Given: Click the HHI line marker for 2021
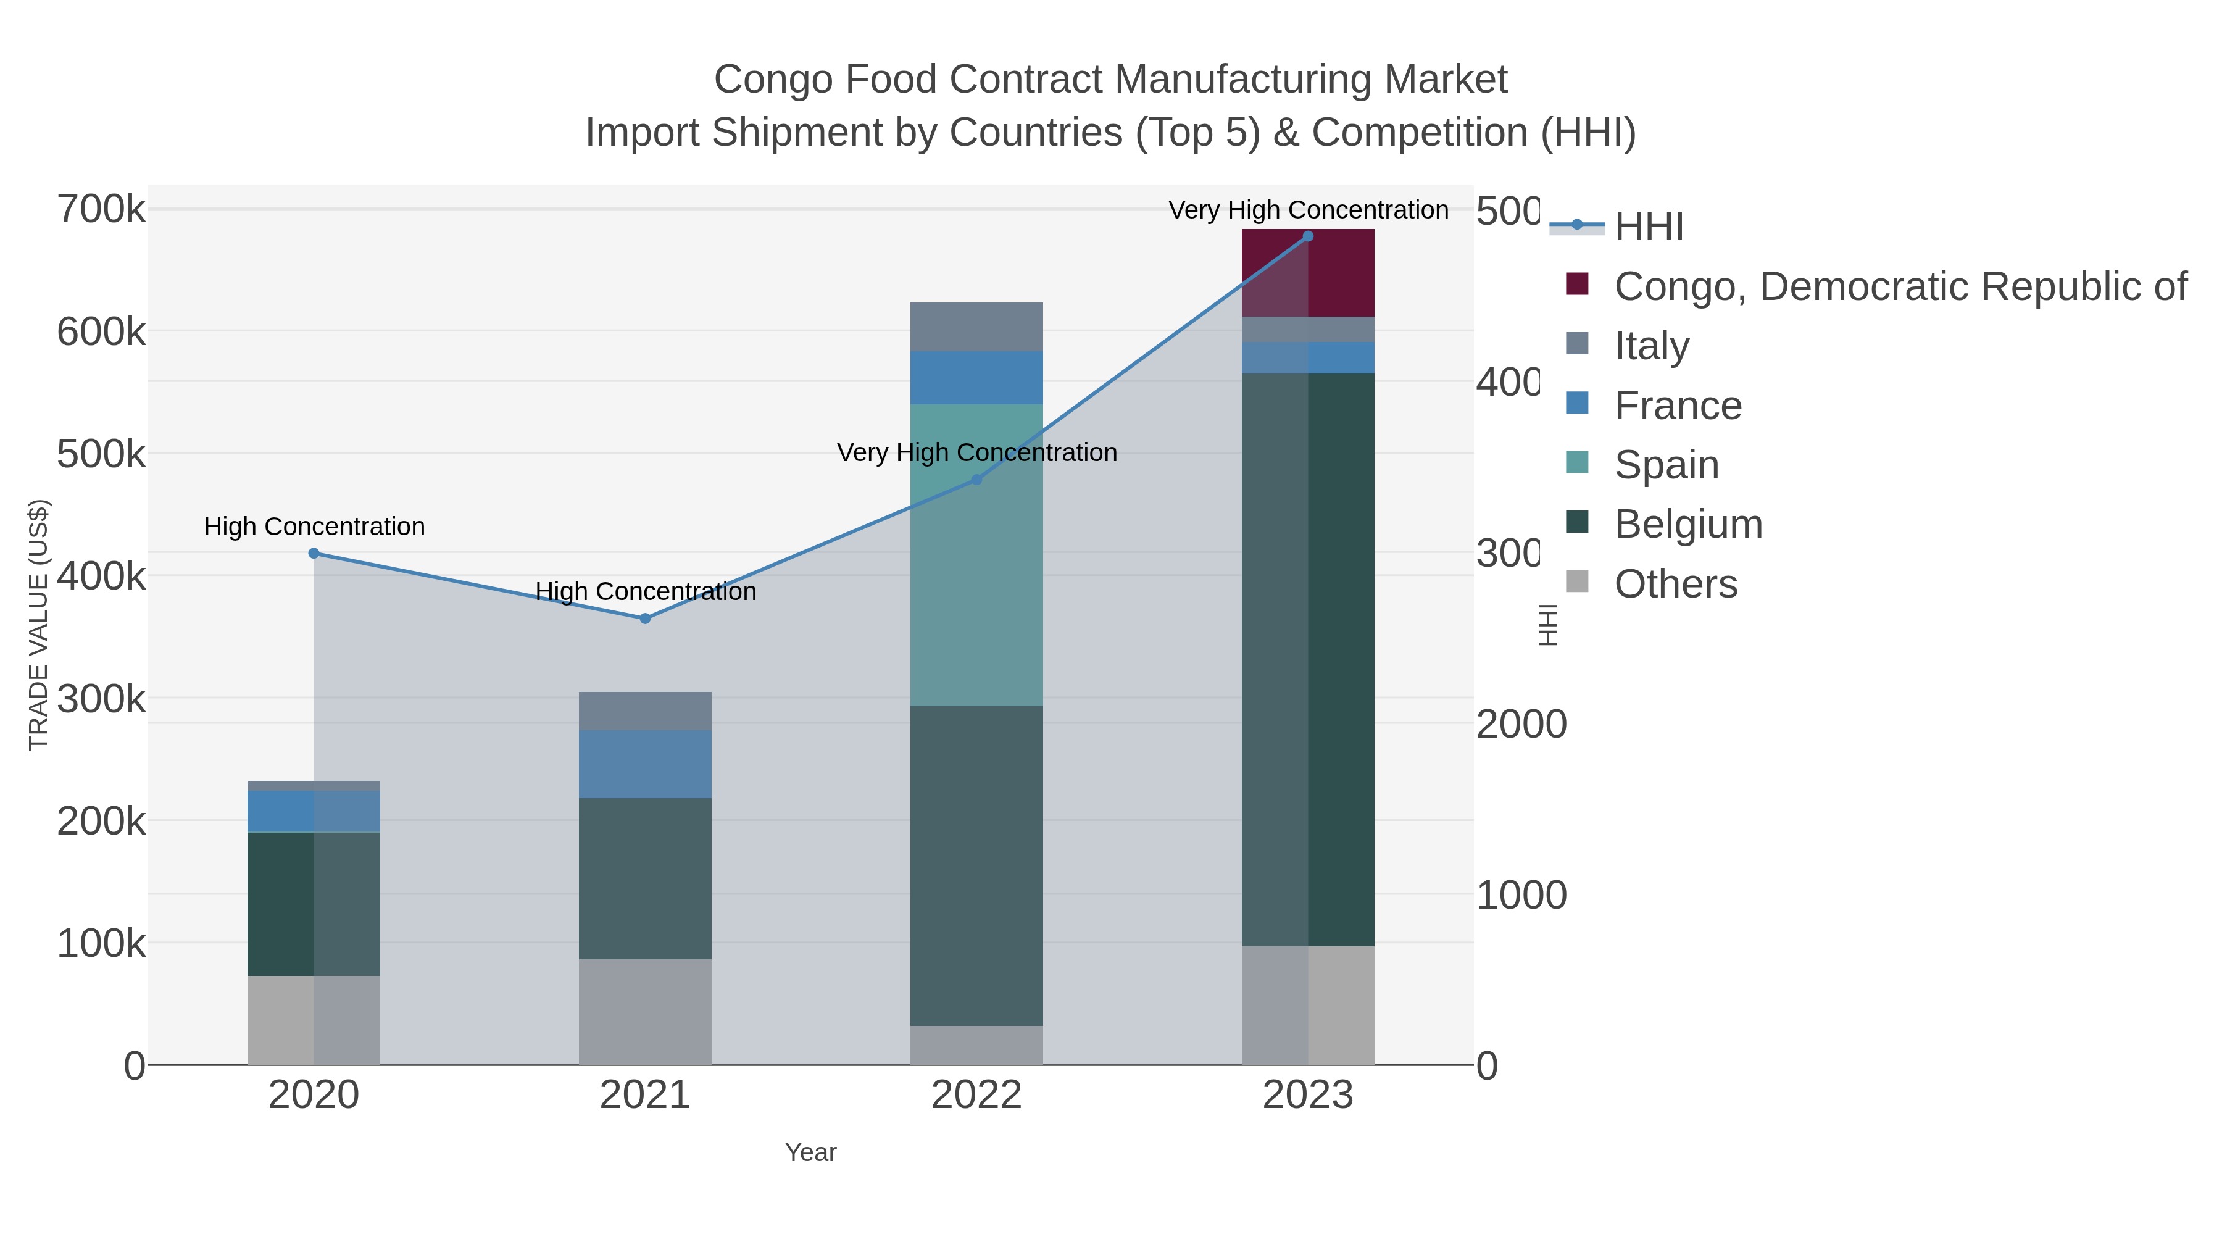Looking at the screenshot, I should pos(644,619).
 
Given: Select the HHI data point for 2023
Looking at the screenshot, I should pos(1308,236).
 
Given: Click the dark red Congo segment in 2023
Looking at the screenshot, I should pos(1308,273).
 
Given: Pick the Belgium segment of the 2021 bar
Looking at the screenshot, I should pos(644,878).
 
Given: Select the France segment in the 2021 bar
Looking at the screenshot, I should pos(644,764).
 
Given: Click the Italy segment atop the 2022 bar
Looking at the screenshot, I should pos(976,327).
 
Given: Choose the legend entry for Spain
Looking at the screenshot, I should pos(1666,465).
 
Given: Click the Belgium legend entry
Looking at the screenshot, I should pos(1687,525).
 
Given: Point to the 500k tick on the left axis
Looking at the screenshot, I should pos(101,454).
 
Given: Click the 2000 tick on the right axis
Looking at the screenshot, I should pos(1521,725).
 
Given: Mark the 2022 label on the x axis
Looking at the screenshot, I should pos(976,1096).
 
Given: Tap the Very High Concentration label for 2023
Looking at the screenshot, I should pos(1308,210).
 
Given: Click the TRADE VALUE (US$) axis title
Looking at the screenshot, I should pos(39,625).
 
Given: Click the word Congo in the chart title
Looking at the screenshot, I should pos(764,80).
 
